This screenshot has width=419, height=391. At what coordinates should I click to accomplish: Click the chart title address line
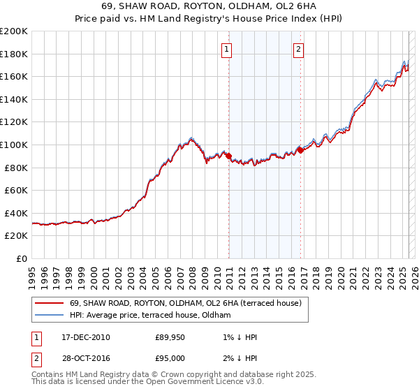[x=209, y=7]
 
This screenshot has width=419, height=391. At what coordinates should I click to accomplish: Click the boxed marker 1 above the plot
[x=228, y=49]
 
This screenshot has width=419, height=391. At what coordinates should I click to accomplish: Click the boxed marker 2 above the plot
[x=298, y=49]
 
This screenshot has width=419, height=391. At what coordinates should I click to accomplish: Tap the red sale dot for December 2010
[x=228, y=156]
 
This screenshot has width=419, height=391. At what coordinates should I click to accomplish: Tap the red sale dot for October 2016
[x=300, y=150]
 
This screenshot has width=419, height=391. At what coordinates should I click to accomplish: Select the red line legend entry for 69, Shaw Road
[x=185, y=303]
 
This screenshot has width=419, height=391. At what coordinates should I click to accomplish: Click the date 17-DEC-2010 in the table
[x=86, y=337]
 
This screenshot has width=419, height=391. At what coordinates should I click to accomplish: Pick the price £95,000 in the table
[x=170, y=358]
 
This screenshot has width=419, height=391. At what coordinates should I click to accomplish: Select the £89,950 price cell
[x=170, y=337]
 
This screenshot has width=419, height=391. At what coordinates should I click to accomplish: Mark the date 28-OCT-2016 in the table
[x=86, y=358]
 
